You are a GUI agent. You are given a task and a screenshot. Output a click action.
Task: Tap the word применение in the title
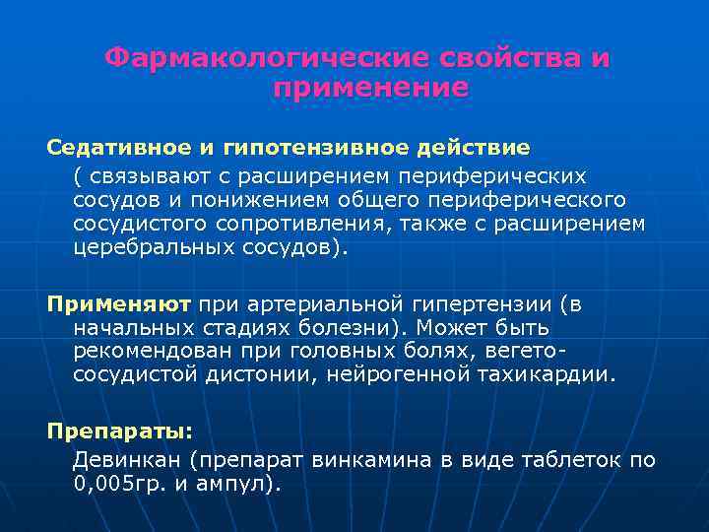370,88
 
